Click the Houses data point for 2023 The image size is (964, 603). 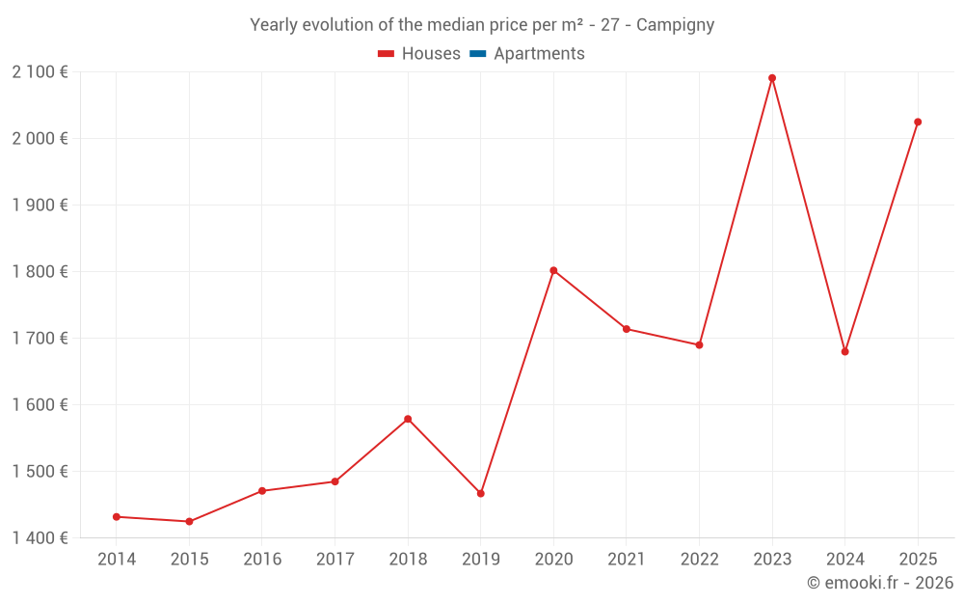click(772, 78)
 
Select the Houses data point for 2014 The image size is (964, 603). click(117, 517)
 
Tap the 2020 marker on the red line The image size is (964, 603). click(553, 270)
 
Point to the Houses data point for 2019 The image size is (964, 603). click(481, 494)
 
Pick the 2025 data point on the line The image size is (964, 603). click(918, 122)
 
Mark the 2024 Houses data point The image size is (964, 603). click(845, 351)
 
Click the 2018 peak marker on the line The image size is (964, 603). click(408, 419)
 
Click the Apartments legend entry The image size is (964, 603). click(539, 54)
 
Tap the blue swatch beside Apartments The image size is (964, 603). click(477, 54)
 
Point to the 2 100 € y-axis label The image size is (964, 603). click(40, 71)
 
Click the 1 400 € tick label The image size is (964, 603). click(40, 537)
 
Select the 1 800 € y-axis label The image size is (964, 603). click(40, 271)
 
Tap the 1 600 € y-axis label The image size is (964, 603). click(40, 404)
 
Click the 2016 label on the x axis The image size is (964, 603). click(262, 559)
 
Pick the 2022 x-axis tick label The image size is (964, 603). click(699, 559)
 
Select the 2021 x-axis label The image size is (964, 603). click(627, 559)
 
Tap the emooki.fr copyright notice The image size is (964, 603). click(879, 583)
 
